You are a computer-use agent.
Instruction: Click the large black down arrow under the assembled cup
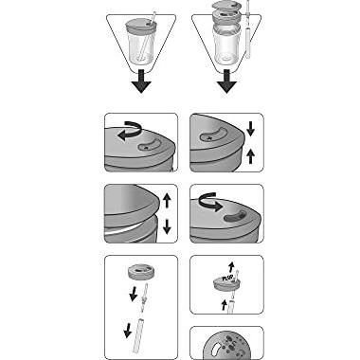pyautogui.click(x=140, y=83)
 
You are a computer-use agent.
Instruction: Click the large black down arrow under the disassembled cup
pyautogui.click(x=226, y=83)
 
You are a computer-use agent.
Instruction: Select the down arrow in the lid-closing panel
pyautogui.click(x=250, y=127)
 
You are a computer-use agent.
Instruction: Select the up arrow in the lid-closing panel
pyautogui.click(x=250, y=153)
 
